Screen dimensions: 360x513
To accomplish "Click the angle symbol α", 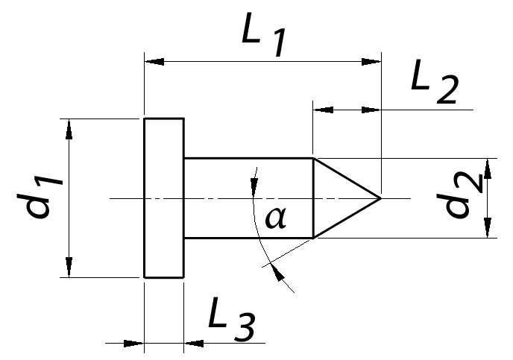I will pyautogui.click(x=275, y=218).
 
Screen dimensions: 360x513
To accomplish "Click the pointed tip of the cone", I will pyautogui.click(x=380, y=198).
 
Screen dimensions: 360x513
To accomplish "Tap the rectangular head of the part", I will pyautogui.click(x=164, y=198).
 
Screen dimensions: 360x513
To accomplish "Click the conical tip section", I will pyautogui.click(x=339, y=198).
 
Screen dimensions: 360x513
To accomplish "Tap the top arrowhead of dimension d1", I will pyautogui.click(x=69, y=127).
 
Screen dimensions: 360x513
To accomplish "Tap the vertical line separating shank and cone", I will pyautogui.click(x=313, y=198).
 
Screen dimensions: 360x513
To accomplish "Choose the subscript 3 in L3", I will pyautogui.click(x=244, y=329).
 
